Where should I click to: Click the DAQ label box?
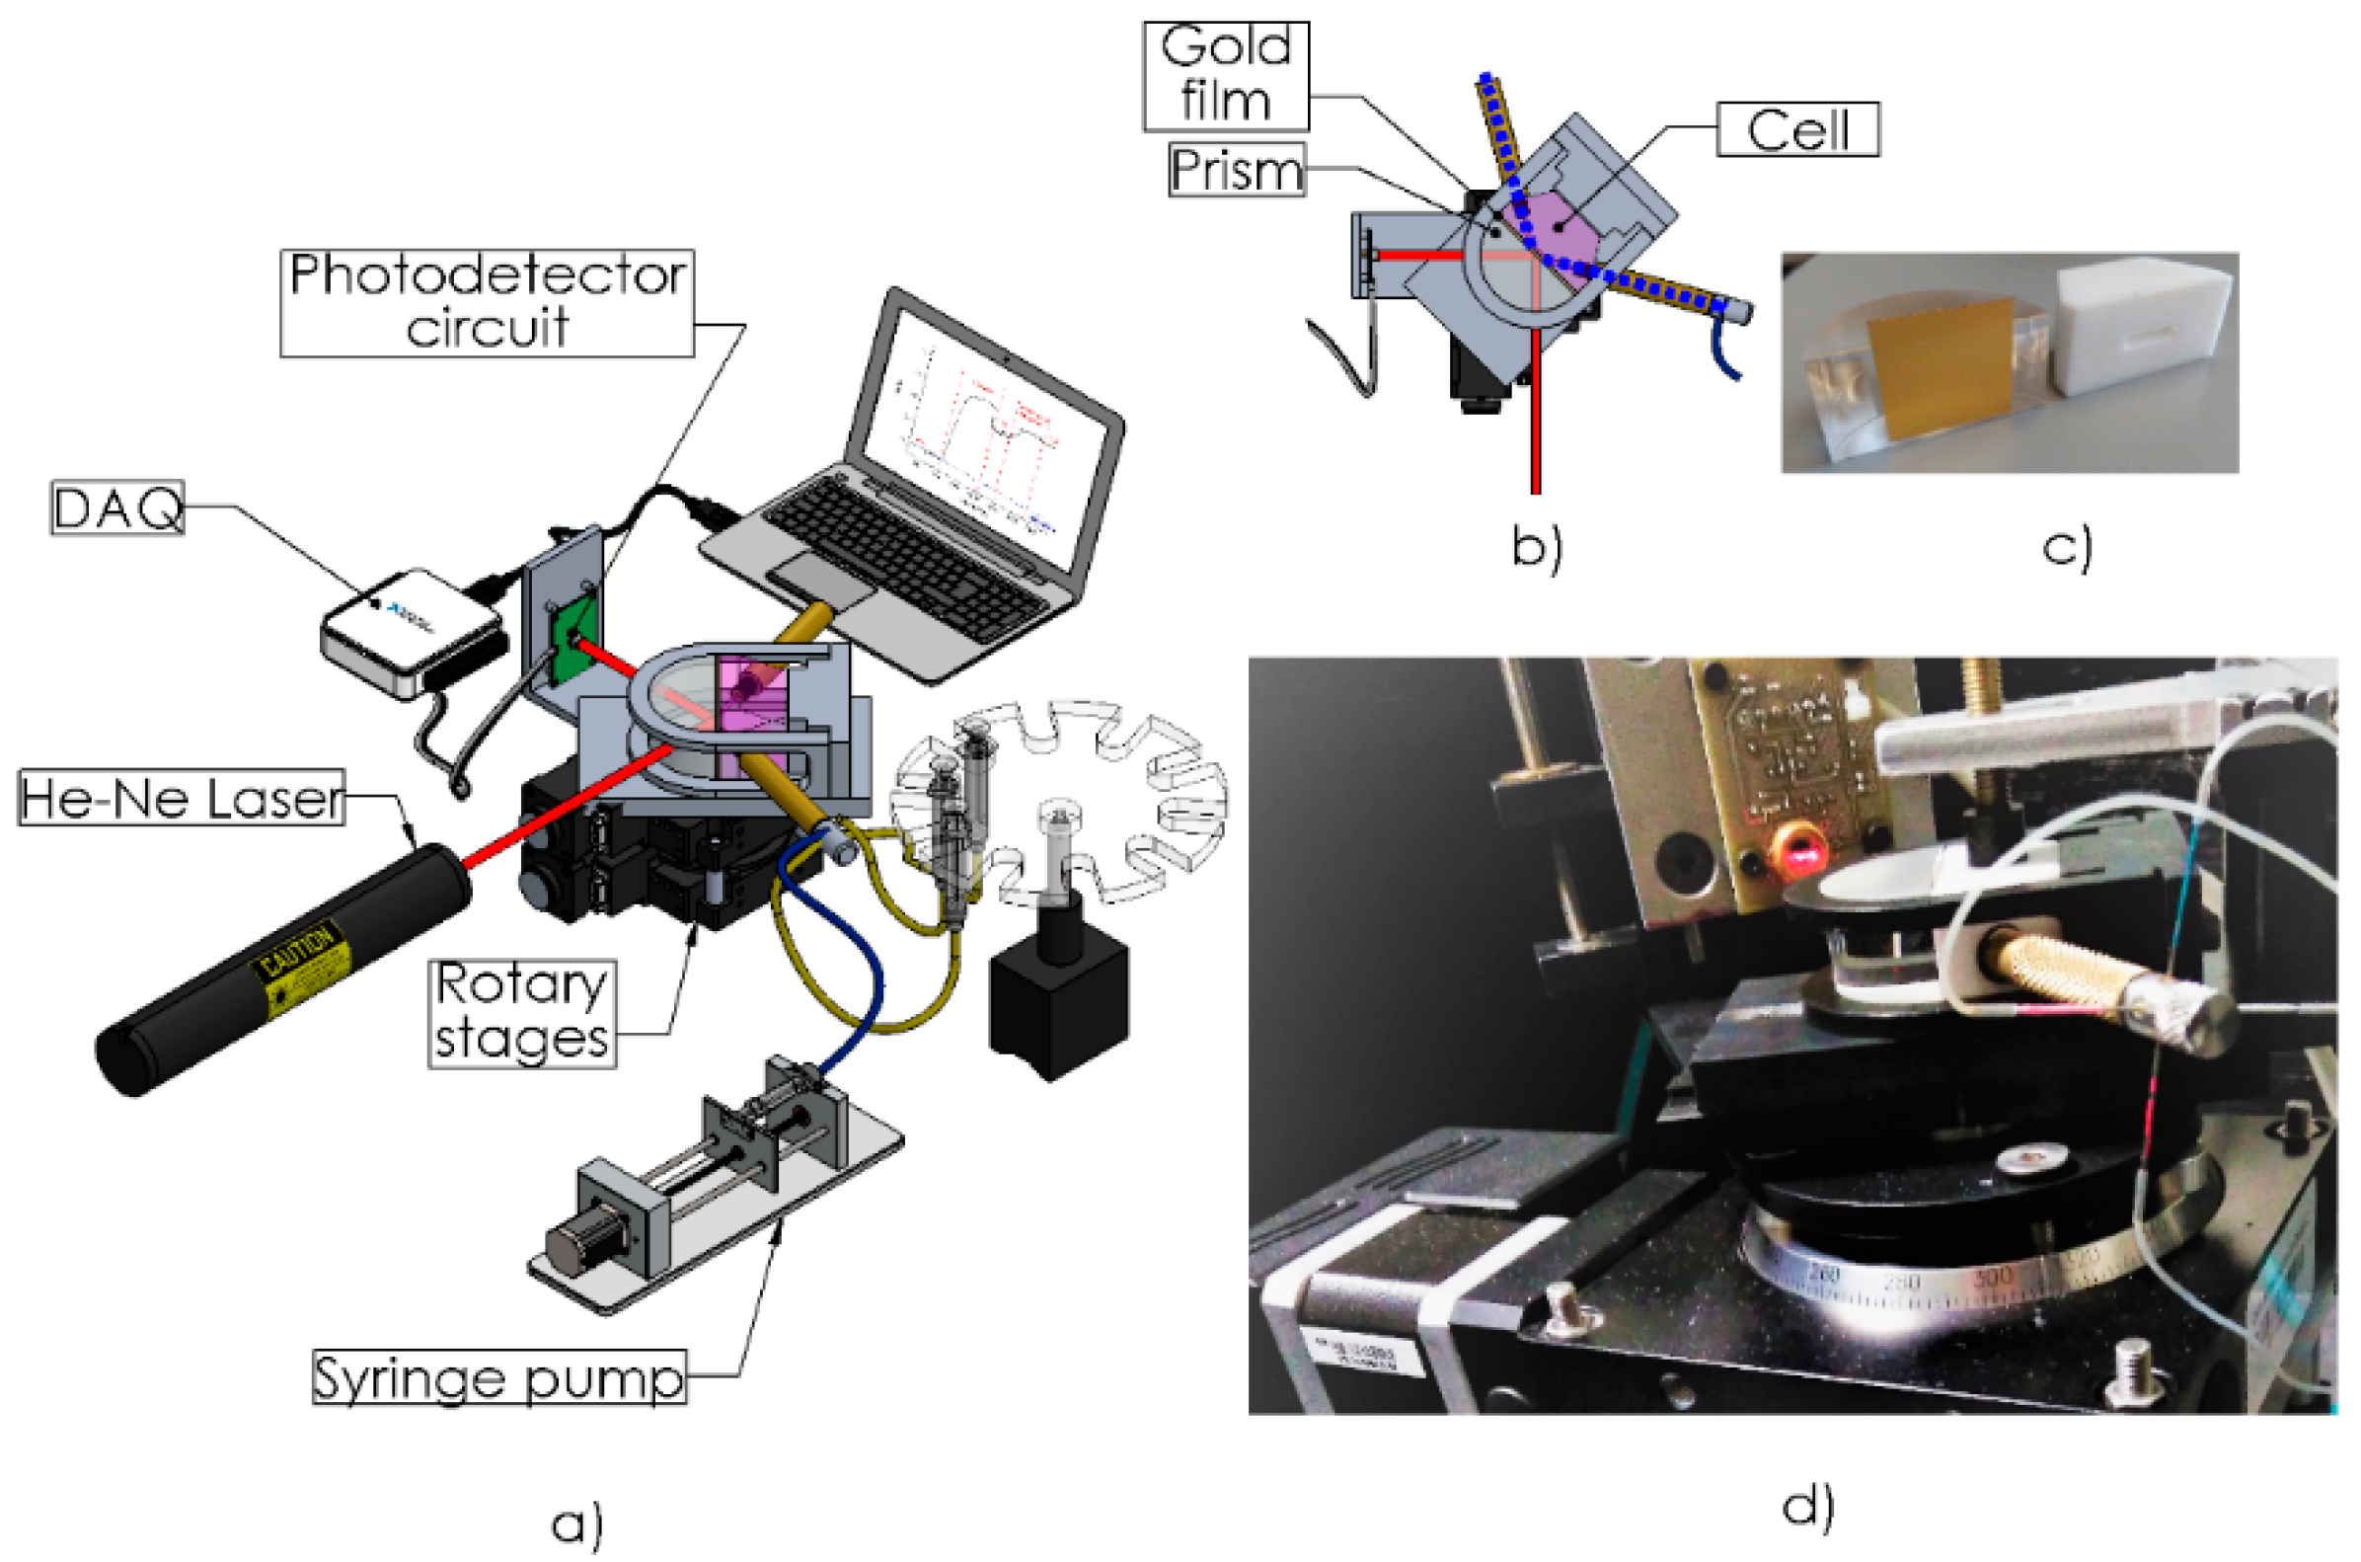click(117, 508)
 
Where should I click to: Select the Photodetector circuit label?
click(487, 302)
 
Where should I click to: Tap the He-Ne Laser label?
click(182, 798)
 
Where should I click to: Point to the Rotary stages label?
click(522, 1013)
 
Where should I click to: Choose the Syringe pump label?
click(498, 1376)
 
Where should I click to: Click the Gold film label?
click(1225, 76)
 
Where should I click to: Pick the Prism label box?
click(1236, 171)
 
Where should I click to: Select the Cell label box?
click(1797, 129)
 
